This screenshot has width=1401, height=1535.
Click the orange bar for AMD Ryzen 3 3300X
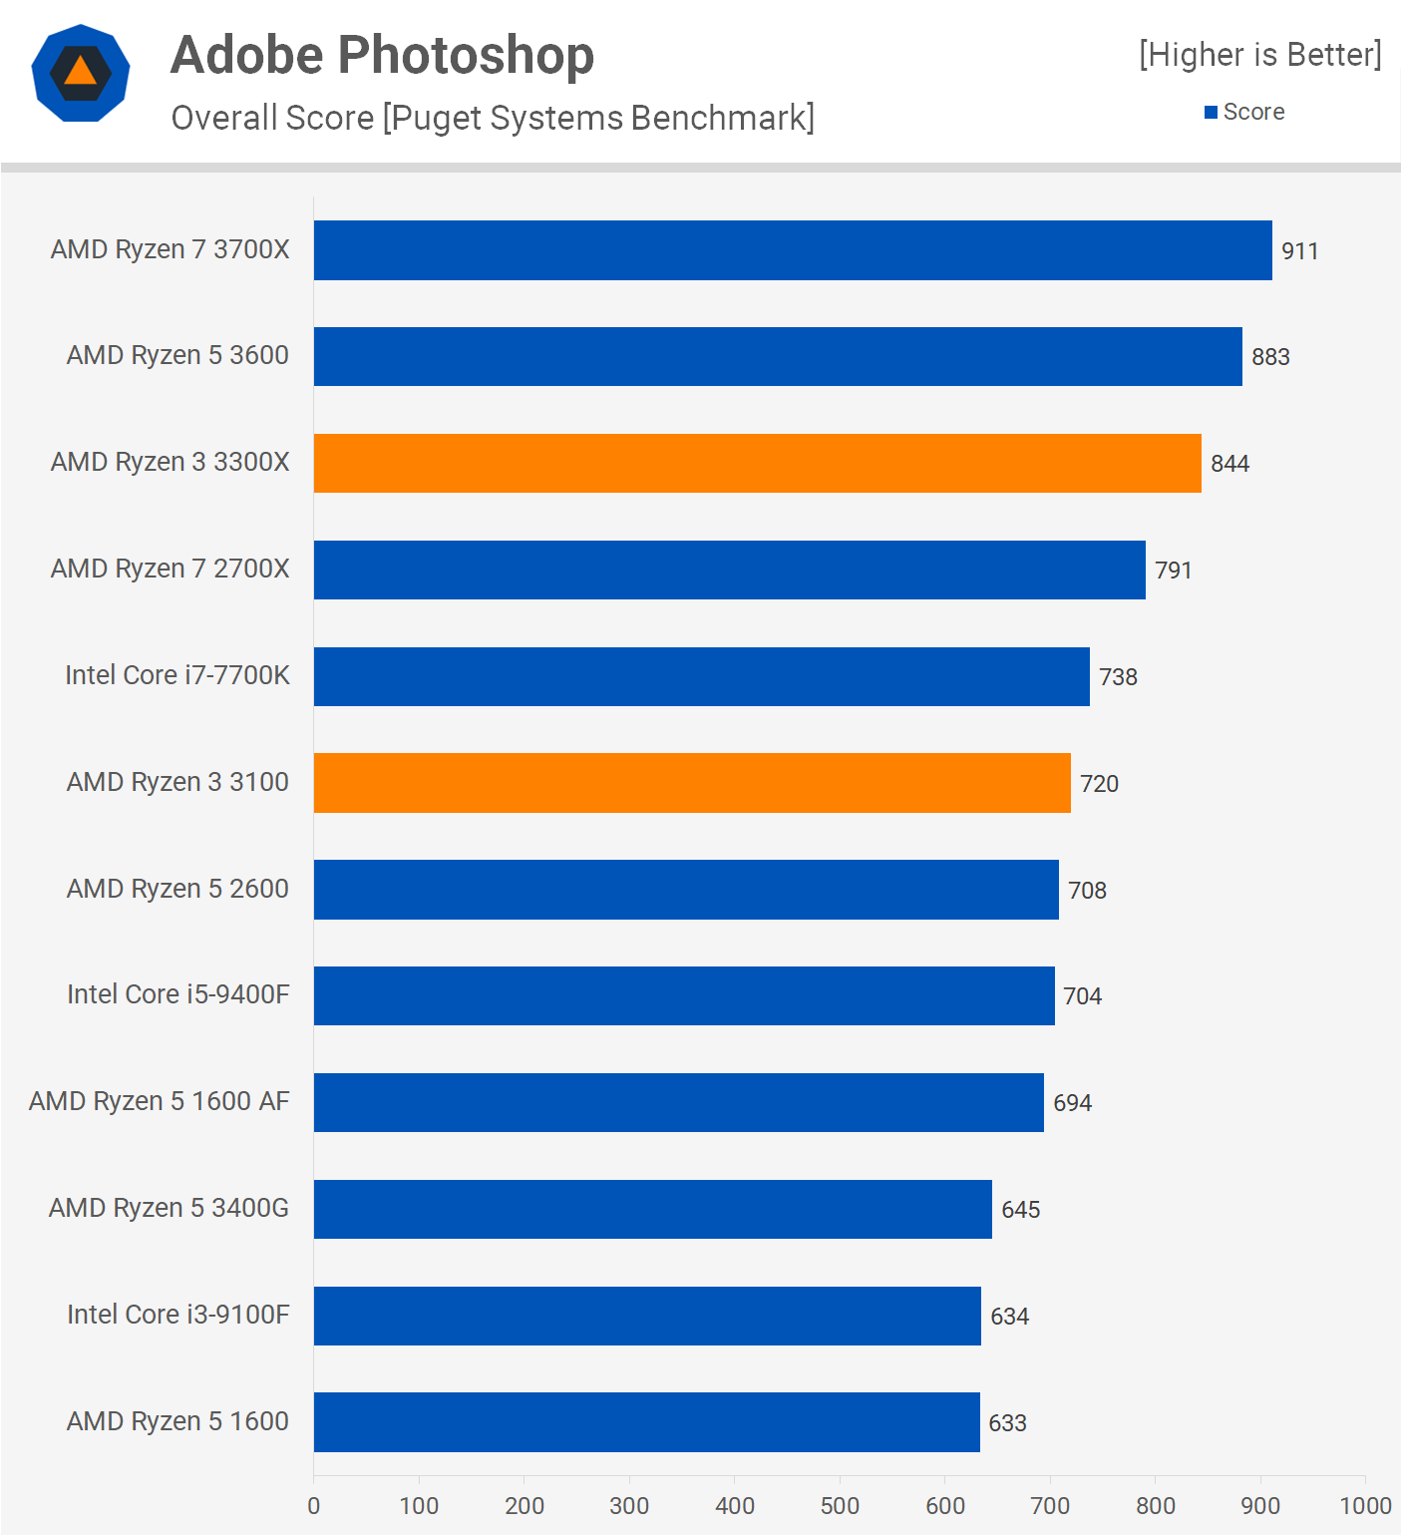click(757, 463)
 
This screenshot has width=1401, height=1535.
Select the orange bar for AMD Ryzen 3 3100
click(692, 783)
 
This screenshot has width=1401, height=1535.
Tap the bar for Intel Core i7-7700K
click(701, 676)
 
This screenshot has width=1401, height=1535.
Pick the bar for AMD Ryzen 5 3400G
click(652, 1209)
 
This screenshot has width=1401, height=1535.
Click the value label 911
click(1299, 251)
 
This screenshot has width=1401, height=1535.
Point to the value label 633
click(1007, 1423)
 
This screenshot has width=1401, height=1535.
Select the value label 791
click(1173, 571)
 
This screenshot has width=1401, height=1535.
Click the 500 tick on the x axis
click(840, 1505)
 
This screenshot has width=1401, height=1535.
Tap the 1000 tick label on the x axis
click(1365, 1505)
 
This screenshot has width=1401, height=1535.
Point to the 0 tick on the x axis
click(314, 1505)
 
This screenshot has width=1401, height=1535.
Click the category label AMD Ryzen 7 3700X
click(171, 249)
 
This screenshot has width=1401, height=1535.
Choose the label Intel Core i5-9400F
click(178, 994)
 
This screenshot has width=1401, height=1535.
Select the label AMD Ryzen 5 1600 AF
click(160, 1101)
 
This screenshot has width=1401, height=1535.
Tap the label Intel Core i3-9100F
click(178, 1315)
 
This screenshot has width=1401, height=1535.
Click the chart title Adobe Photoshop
click(382, 55)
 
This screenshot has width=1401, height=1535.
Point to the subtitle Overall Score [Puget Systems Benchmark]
click(493, 118)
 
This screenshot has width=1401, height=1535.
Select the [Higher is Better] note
click(1259, 55)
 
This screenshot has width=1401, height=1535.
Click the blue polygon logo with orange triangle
click(81, 74)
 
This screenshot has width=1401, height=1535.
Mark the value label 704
click(1082, 996)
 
